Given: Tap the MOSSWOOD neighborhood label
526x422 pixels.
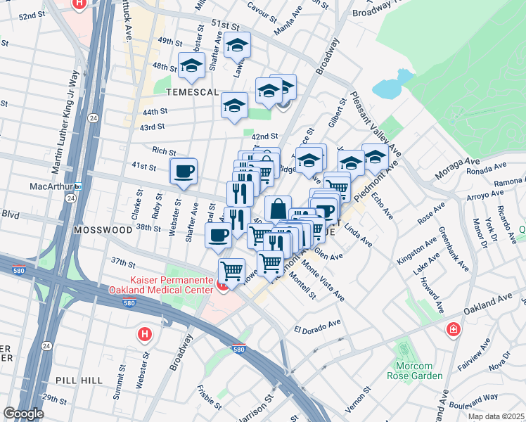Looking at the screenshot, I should (105, 230).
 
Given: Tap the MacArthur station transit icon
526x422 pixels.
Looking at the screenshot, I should (79, 186).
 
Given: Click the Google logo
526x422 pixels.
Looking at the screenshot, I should (23, 413).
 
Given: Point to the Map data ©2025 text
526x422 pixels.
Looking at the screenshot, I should (496, 416).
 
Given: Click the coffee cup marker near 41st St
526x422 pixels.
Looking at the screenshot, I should (184, 172).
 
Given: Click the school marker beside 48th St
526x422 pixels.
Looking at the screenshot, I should (191, 66).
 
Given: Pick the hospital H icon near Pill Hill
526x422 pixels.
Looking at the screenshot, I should (145, 333).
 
